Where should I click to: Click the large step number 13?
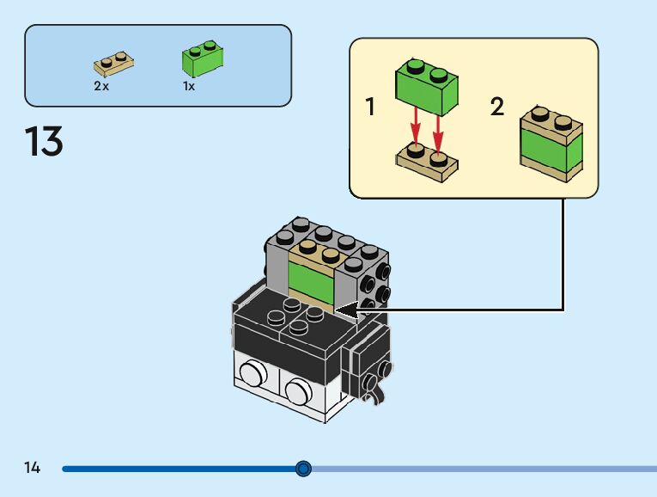pos(44,142)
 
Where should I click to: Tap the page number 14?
pos(33,468)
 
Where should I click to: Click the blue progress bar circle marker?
pos(303,469)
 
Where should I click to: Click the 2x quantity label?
pos(101,86)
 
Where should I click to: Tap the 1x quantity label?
pos(188,86)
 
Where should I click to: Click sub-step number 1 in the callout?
pos(370,107)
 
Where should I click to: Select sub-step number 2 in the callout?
pos(497,107)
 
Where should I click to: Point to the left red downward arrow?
pos(416,125)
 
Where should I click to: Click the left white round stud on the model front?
pos(252,372)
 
